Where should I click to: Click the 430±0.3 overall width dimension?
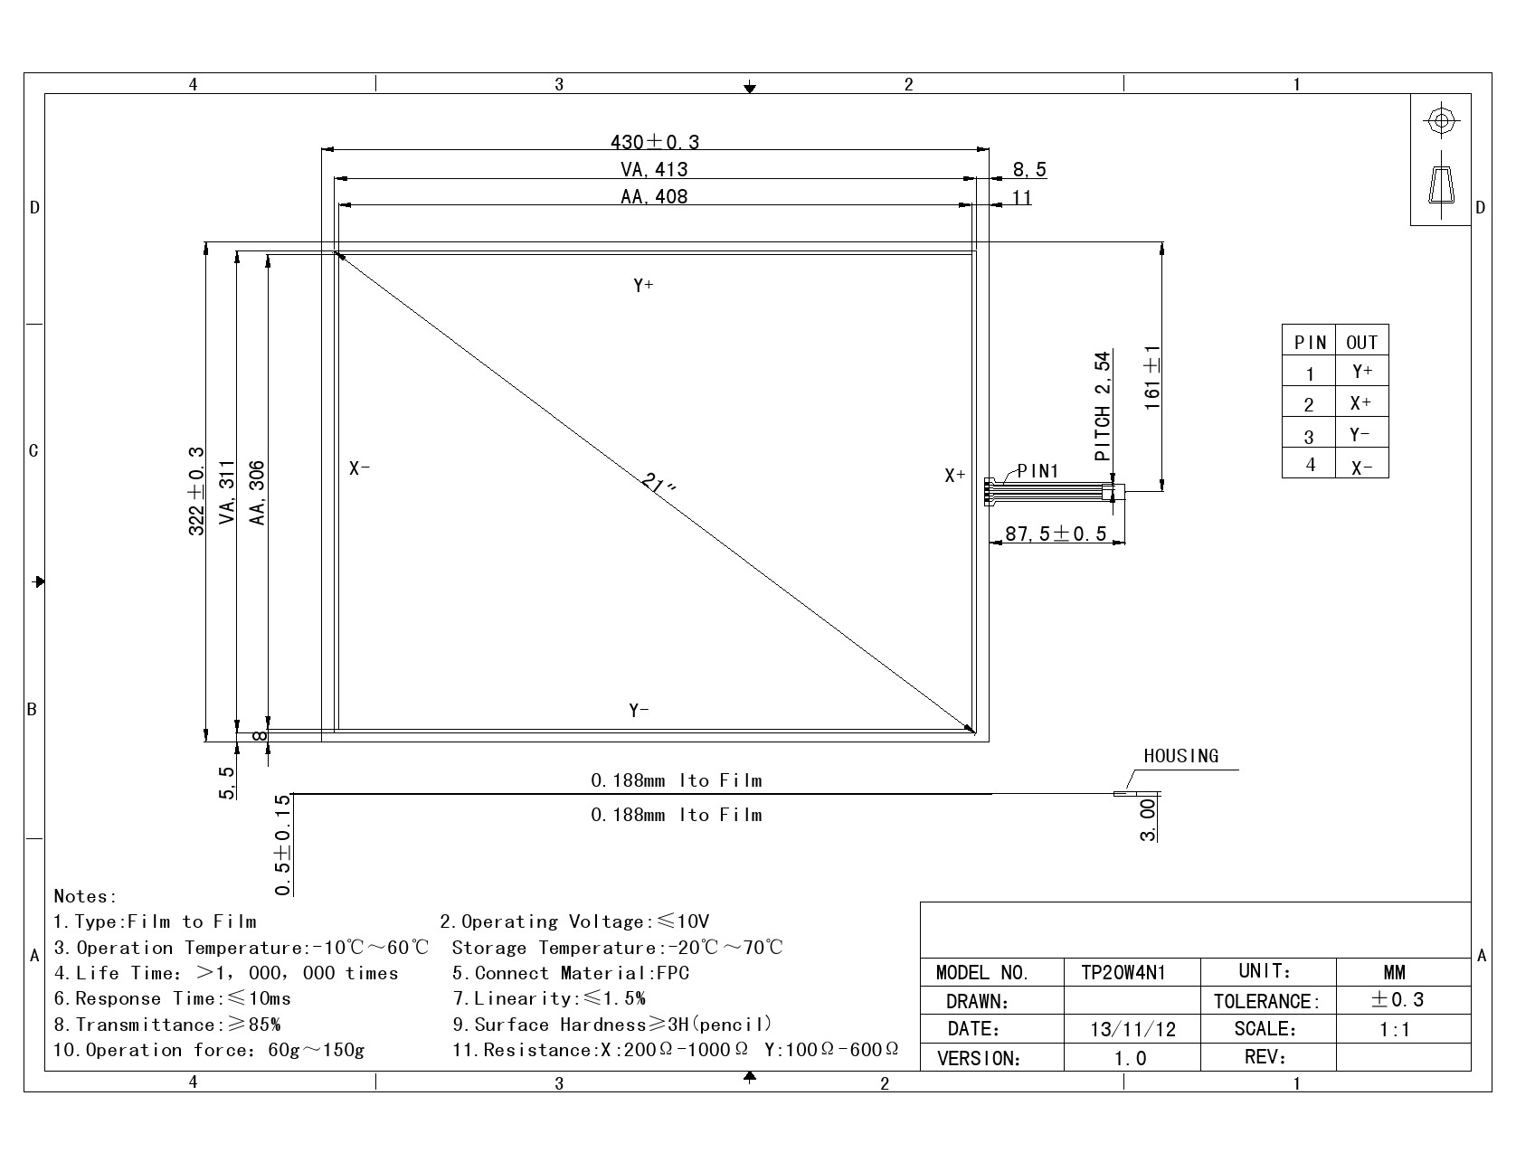pyautogui.click(x=655, y=142)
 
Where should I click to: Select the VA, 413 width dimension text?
pyautogui.click(x=654, y=169)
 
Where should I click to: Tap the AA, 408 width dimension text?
pyautogui.click(x=654, y=196)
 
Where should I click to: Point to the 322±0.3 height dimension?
pyautogui.click(x=196, y=491)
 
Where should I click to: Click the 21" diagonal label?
pyautogui.click(x=659, y=484)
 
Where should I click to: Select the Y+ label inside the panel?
pyautogui.click(x=643, y=286)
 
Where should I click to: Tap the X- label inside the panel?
pyautogui.click(x=360, y=468)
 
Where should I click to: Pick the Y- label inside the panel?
pyautogui.click(x=640, y=710)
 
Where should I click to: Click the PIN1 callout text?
pyautogui.click(x=1038, y=471)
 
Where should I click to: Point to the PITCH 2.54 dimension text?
pyautogui.click(x=1103, y=407)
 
